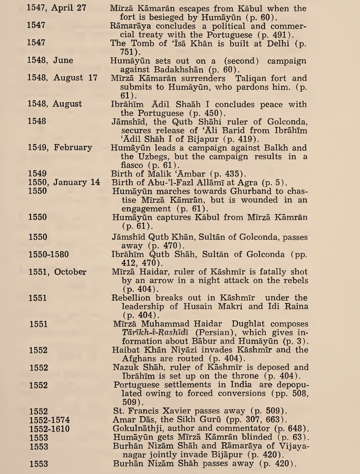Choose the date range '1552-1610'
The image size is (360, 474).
click(49, 429)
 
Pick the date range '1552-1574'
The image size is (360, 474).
click(49, 420)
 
